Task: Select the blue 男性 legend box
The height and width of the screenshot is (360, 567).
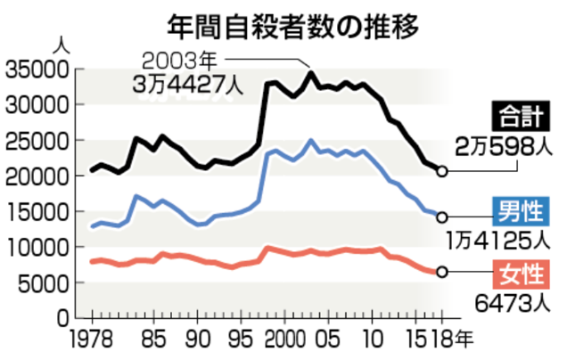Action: (523, 210)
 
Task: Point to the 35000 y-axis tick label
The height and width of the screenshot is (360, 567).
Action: (37, 70)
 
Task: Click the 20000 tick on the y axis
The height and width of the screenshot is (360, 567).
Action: (37, 176)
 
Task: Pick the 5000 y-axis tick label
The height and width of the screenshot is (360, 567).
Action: (44, 283)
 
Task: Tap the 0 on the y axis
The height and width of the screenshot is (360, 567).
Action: (62, 318)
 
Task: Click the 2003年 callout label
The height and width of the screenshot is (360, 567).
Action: (182, 62)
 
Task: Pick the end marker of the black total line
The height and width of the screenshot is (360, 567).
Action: (442, 170)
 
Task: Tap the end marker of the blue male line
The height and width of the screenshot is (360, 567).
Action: (442, 217)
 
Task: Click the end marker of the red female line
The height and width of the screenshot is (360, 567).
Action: (442, 272)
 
